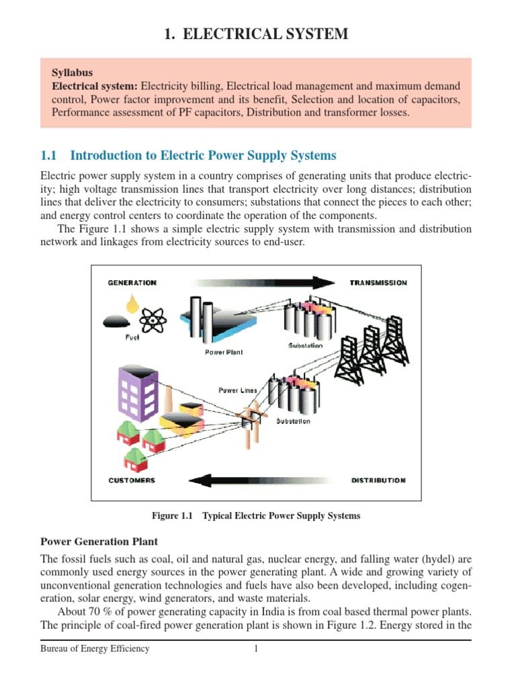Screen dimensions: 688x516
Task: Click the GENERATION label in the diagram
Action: tap(132, 283)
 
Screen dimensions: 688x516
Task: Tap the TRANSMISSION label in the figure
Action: tap(378, 283)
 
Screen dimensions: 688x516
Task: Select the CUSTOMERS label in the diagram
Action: tap(132, 480)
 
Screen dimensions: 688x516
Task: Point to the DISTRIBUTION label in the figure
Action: tap(378, 480)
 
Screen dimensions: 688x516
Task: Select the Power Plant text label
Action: tap(224, 352)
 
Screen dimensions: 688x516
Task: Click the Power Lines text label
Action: tap(238, 390)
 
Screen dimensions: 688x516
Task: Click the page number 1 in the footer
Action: tap(256, 649)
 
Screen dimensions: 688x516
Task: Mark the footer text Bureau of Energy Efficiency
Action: tap(95, 649)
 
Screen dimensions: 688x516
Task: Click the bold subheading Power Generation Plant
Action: tap(99, 541)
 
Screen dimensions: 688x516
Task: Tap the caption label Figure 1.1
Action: tap(172, 516)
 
